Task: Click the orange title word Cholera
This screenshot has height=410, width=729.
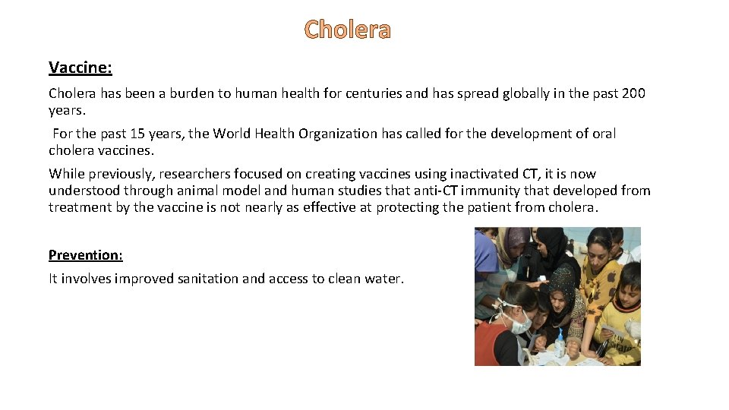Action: click(x=347, y=30)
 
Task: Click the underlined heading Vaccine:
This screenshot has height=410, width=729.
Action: click(x=80, y=68)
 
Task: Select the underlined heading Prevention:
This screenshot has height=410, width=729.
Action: click(x=85, y=254)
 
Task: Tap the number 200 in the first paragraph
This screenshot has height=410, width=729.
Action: click(x=633, y=93)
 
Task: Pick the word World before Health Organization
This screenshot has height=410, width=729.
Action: click(x=236, y=134)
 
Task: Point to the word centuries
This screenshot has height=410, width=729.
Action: click(x=371, y=93)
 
